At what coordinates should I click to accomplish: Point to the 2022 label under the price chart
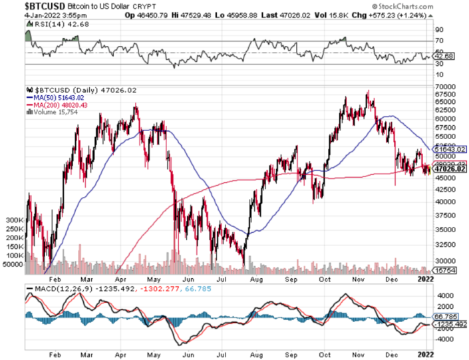coord(425,280)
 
